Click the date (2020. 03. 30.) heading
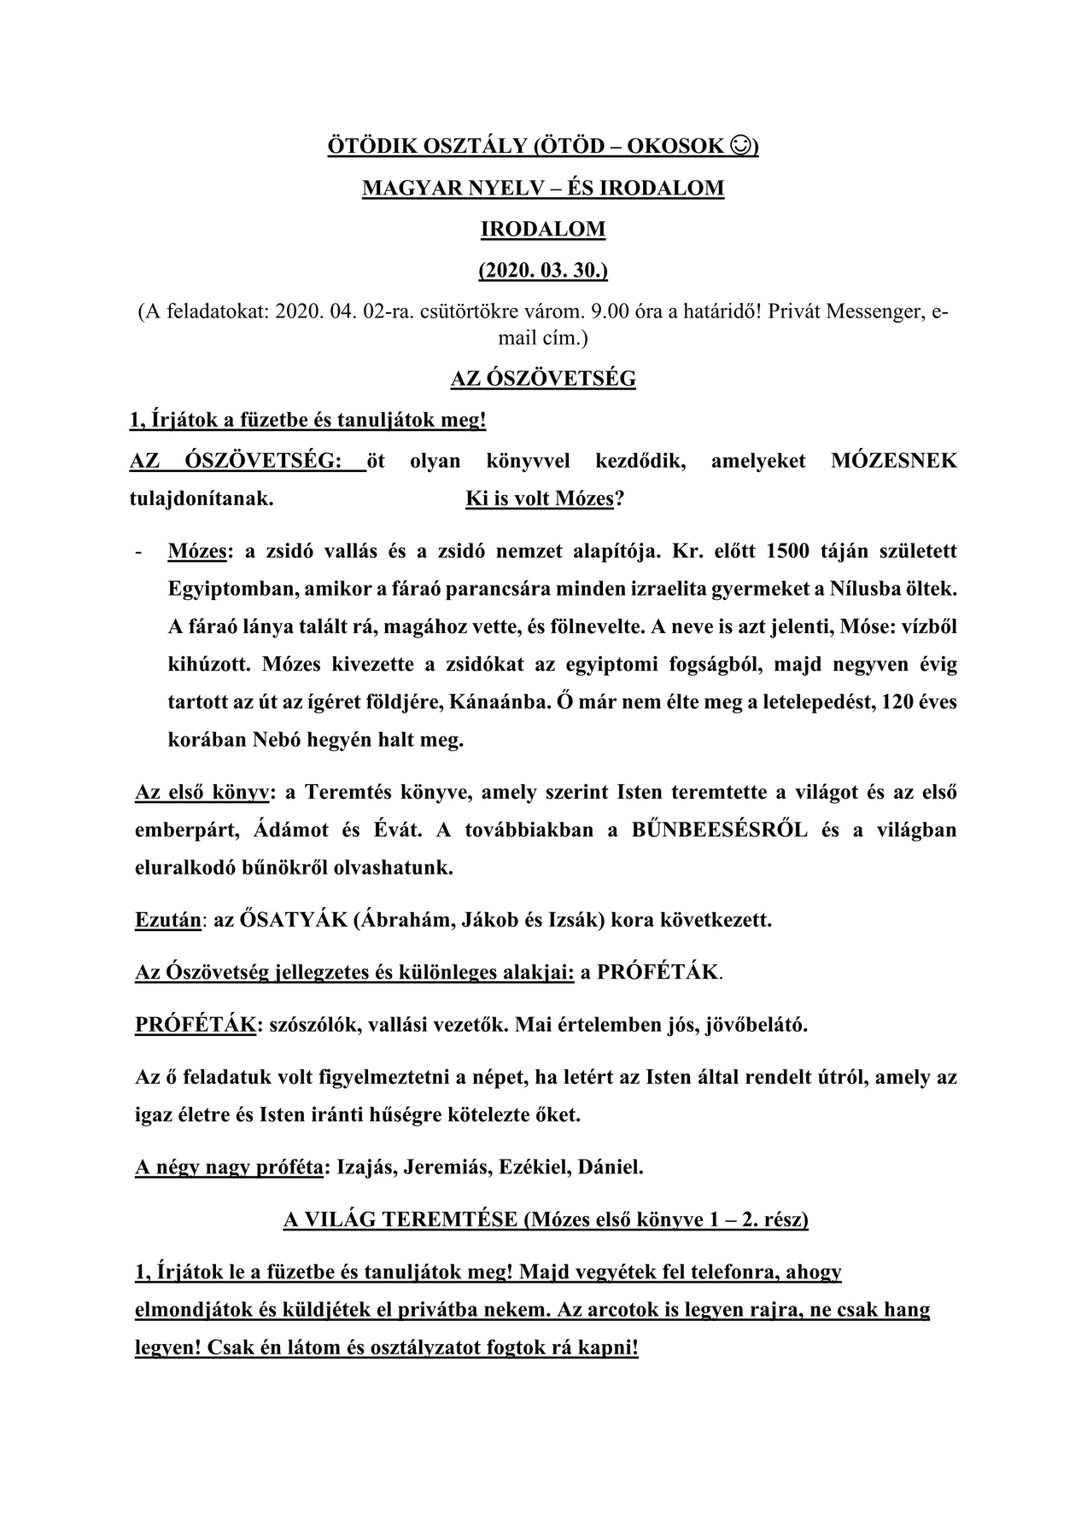click(543, 271)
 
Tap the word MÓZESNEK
click(893, 462)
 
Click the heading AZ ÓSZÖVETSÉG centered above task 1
click(543, 378)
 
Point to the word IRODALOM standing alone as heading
click(543, 229)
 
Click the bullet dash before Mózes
click(138, 552)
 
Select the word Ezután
click(168, 921)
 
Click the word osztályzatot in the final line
click(437, 1348)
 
